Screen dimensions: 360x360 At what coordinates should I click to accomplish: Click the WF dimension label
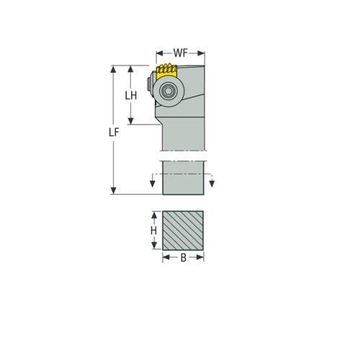click(181, 53)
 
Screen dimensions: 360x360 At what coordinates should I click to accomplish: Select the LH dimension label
click(130, 96)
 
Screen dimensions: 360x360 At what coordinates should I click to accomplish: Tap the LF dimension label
click(113, 132)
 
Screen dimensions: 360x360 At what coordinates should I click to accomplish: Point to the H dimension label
click(153, 230)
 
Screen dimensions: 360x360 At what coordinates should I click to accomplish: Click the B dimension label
click(183, 257)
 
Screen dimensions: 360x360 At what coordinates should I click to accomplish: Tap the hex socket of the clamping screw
click(168, 91)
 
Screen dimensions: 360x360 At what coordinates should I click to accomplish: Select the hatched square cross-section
click(183, 230)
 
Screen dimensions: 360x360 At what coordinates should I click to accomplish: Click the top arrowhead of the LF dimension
click(113, 69)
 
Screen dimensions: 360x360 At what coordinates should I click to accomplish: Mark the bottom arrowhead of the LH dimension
click(130, 121)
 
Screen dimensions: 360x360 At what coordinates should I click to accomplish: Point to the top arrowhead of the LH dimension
click(130, 69)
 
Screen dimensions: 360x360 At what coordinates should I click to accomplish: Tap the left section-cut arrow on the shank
click(153, 184)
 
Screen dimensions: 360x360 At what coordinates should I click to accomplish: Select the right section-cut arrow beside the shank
click(212, 184)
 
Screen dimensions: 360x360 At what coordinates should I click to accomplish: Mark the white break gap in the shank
click(183, 155)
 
